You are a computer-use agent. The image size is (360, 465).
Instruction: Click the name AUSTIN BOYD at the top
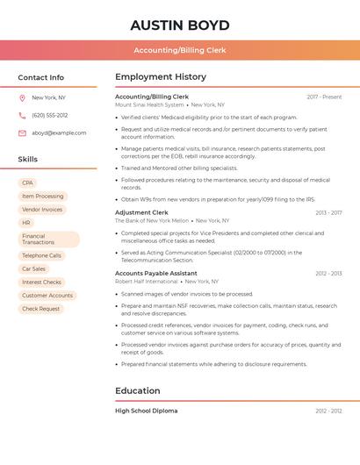[x=179, y=25]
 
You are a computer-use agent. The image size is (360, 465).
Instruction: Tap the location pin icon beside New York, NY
[x=22, y=97]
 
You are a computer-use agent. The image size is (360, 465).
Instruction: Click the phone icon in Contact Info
[x=22, y=115]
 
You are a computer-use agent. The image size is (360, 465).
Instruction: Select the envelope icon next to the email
[x=22, y=133]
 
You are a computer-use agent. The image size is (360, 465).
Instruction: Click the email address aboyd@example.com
[x=59, y=133]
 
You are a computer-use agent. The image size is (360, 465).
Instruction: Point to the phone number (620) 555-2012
[x=50, y=115]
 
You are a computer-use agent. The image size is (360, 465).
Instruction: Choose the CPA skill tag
[x=27, y=182]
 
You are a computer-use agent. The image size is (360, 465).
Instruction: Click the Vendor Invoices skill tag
[x=42, y=210]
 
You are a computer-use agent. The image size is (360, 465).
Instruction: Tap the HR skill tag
[x=26, y=223]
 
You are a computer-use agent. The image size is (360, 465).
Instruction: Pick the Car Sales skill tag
[x=33, y=268]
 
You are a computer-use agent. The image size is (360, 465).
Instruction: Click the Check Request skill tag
[x=40, y=309]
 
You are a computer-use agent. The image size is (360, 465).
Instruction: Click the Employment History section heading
[x=161, y=77]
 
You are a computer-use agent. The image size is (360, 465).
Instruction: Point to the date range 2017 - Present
[x=324, y=97]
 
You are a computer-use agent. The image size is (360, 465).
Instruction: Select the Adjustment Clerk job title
[x=141, y=212]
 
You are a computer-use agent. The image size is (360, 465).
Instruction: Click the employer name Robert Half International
[x=147, y=282]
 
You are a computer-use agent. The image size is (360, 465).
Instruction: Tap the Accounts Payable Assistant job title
[x=156, y=273]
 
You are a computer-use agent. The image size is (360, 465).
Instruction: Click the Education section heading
[x=138, y=390]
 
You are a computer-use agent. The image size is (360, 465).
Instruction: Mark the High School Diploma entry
[x=147, y=411]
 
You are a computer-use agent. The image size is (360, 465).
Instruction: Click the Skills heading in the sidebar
[x=28, y=160]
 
